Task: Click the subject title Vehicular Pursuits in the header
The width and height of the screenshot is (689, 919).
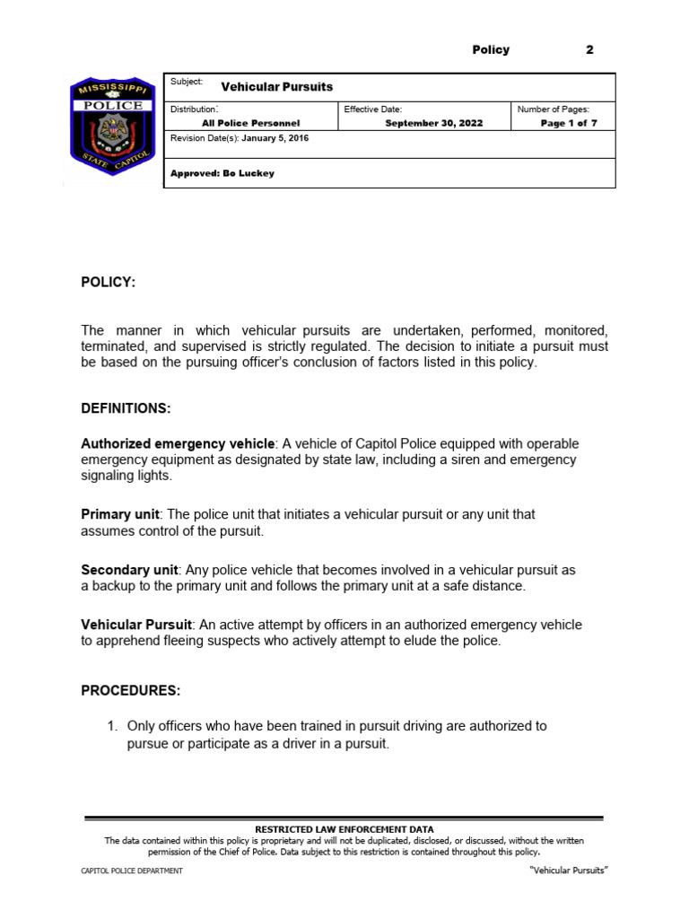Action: [x=270, y=87]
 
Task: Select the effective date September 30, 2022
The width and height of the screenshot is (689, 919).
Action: [x=433, y=124]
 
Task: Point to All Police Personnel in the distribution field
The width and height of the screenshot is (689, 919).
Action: [x=251, y=124]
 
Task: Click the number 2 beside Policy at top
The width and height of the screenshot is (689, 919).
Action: [x=589, y=50]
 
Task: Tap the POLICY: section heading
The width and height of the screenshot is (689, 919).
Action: [x=109, y=283]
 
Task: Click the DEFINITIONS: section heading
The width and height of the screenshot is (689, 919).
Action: [x=126, y=408]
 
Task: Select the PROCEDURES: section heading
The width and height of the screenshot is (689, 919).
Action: [x=131, y=690]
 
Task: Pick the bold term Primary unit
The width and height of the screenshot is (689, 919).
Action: [x=120, y=514]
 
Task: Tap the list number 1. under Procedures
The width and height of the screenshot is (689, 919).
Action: [x=113, y=726]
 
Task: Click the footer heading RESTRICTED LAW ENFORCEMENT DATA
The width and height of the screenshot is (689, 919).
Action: [x=344, y=829]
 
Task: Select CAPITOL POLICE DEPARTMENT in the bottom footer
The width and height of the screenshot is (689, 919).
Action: [x=132, y=871]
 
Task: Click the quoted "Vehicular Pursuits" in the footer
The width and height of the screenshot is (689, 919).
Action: [x=563, y=871]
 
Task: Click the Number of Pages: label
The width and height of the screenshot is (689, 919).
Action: [x=553, y=109]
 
